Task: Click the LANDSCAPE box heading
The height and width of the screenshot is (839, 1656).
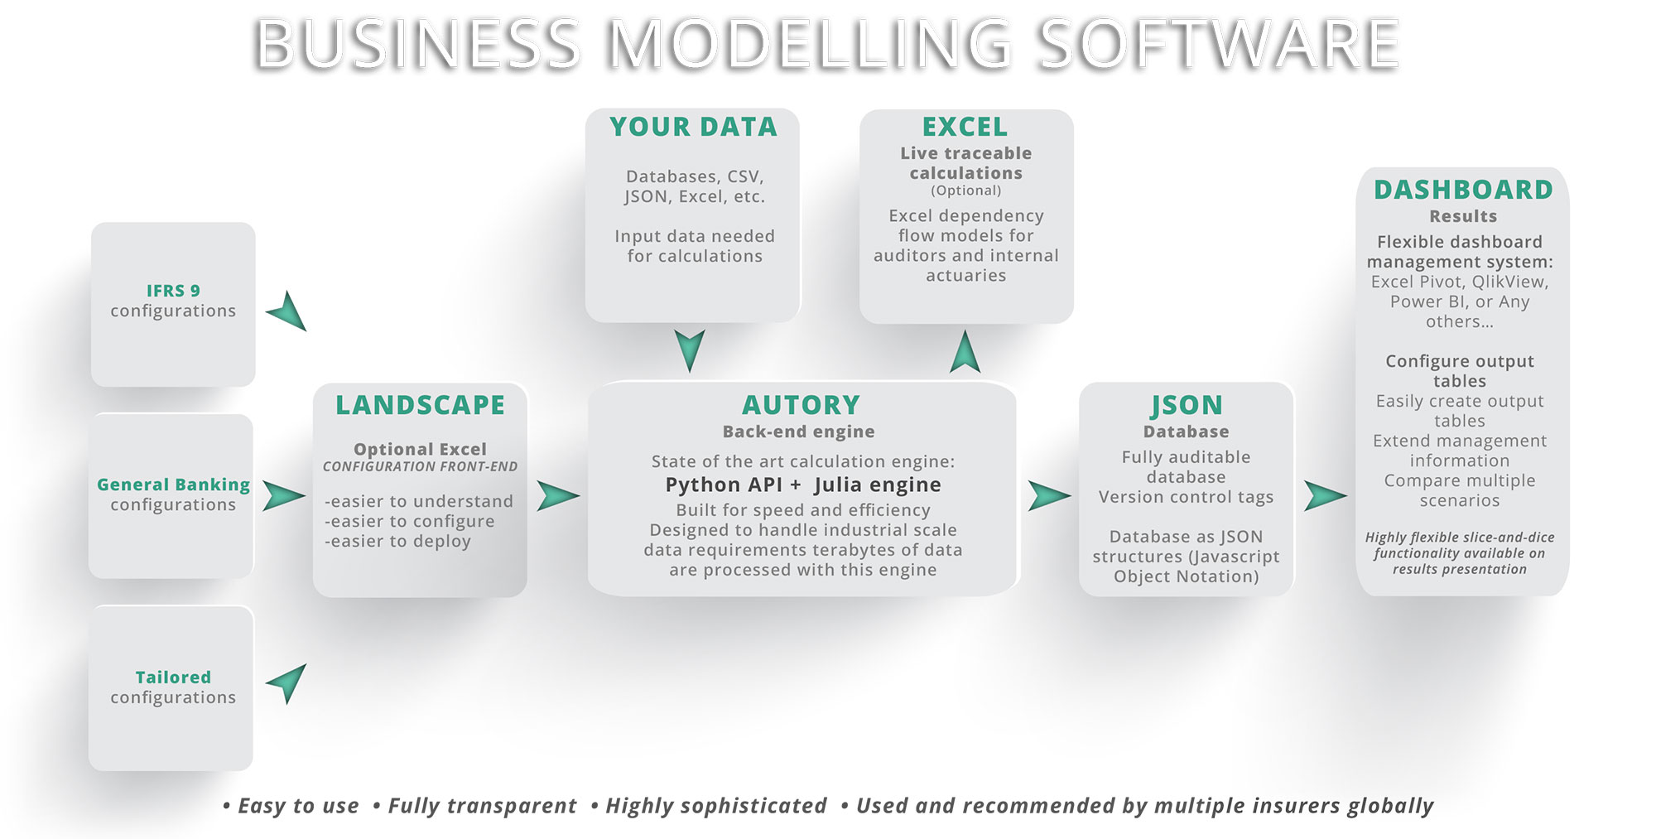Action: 420,405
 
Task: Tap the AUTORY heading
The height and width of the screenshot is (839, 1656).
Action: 801,405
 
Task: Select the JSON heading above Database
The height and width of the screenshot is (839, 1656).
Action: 1186,405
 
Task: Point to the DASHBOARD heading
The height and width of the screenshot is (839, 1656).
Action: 1462,190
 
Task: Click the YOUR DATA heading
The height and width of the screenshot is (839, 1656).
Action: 693,127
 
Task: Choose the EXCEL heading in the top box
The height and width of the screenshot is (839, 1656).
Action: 965,127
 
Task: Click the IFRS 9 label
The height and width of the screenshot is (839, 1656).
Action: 173,291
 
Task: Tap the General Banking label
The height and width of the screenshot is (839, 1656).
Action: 173,485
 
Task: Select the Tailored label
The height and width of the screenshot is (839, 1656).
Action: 173,677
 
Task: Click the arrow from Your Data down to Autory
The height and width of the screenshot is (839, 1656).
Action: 689,349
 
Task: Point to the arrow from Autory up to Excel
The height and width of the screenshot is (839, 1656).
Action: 965,353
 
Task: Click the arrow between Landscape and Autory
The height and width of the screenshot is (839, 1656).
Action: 556,496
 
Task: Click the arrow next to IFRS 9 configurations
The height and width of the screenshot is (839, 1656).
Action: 289,311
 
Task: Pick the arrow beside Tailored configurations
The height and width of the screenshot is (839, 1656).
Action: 289,682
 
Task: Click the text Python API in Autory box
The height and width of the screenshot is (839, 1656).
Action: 724,485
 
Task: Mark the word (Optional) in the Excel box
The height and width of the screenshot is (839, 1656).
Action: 965,190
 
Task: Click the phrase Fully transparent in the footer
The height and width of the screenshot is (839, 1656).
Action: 482,806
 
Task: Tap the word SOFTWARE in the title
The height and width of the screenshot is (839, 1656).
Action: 1218,45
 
